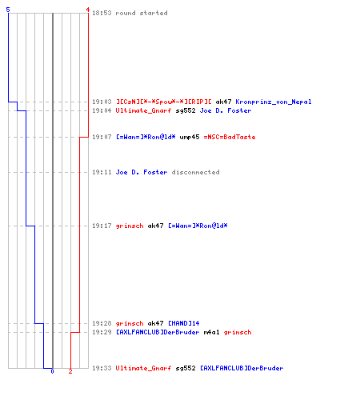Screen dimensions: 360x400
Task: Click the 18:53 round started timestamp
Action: coord(102,13)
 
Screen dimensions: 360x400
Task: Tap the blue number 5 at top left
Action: coord(8,10)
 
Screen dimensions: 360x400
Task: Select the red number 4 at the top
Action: coord(88,10)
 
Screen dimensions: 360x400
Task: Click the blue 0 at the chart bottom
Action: coord(52,371)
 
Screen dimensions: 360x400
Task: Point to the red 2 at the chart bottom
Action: coord(70,371)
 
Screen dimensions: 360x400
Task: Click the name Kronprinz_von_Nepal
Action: coord(274,102)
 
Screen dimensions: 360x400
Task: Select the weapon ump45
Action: coord(190,137)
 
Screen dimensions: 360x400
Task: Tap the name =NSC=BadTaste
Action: coord(230,137)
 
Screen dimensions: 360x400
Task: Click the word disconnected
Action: coord(195,172)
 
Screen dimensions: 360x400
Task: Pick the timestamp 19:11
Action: coord(102,172)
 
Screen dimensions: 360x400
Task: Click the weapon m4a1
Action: coord(211,332)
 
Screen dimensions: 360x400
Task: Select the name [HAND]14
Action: coord(184,323)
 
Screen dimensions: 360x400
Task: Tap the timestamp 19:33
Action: coord(102,368)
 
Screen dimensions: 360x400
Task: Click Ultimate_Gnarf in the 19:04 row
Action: coord(143,110)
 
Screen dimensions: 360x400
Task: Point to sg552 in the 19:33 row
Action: coord(186,368)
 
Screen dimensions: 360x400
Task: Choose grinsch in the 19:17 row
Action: coord(130,226)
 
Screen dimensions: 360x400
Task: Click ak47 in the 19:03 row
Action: coord(223,102)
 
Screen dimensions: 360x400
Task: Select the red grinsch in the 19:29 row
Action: coord(238,332)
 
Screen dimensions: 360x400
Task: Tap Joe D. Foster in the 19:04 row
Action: coord(226,110)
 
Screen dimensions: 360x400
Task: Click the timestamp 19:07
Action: coord(102,137)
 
